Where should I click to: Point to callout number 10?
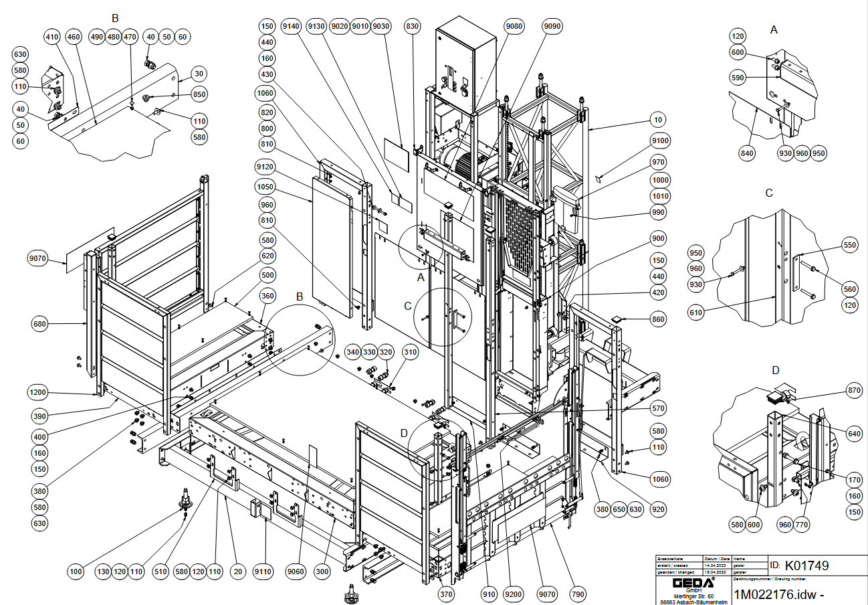coord(659,120)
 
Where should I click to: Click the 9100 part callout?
coord(659,141)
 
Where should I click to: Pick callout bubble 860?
coord(659,320)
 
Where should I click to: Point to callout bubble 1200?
coord(38,392)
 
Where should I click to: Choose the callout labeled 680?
coord(41,325)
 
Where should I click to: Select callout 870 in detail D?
coord(853,390)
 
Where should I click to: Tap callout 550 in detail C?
coord(849,246)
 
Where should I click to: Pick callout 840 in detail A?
coord(747,153)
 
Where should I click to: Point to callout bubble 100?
coord(76,572)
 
